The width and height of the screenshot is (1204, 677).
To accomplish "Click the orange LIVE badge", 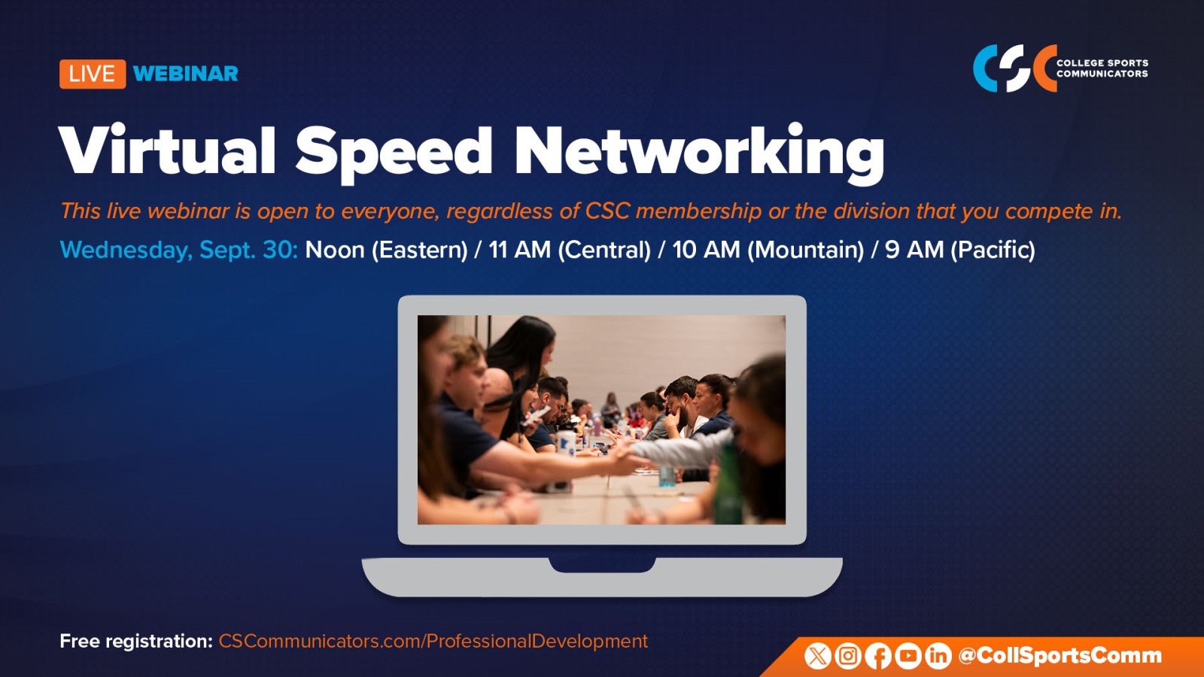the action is coord(93,74).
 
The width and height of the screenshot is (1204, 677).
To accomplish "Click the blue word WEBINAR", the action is coord(185,74).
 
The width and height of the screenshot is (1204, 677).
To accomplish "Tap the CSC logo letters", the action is coord(1015,68).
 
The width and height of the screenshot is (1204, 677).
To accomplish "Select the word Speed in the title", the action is coord(394,153).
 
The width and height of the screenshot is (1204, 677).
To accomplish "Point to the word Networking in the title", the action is coord(700,153).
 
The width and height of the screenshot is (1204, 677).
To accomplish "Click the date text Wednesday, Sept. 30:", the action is coord(178,250).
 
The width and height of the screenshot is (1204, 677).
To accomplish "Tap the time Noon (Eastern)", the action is coord(387,250).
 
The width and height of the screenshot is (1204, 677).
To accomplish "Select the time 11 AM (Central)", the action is coord(570,250).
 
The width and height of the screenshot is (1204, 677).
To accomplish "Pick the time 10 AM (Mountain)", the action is coord(768,250).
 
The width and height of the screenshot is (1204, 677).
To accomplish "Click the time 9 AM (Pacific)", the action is coord(960,250).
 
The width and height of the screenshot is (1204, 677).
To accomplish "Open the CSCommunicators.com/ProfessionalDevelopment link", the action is coord(433,642).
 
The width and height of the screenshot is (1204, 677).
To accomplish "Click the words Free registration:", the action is coord(136,642).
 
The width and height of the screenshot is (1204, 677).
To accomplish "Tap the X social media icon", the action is coord(817,656).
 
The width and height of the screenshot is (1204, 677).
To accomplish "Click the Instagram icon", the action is coord(848,656).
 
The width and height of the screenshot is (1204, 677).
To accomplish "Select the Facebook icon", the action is coord(878,656).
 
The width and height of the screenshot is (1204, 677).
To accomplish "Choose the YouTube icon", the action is coord(908,656).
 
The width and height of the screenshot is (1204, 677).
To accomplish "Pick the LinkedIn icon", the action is coord(938,656).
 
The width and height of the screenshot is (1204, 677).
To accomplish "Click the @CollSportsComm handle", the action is coord(1060,656).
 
